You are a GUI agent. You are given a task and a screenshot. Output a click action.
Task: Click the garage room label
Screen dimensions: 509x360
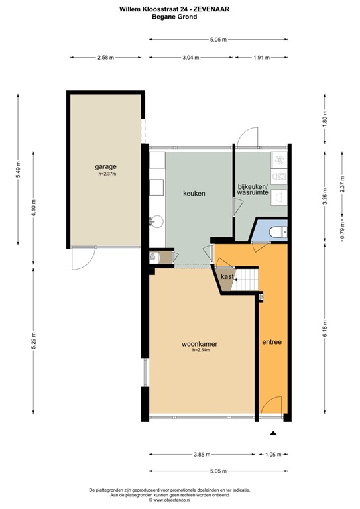click(105, 167)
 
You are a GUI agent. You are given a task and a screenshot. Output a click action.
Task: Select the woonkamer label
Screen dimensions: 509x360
click(200, 345)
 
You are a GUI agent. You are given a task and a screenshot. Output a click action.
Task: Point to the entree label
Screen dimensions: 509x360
click(272, 343)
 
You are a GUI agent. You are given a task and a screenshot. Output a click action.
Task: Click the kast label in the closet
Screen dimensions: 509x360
click(227, 276)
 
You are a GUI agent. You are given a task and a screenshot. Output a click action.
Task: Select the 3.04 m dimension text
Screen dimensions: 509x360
click(190, 58)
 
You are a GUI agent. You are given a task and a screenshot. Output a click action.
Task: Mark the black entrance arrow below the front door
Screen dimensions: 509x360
click(273, 433)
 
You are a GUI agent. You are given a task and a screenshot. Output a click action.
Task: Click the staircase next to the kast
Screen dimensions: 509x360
click(247, 278)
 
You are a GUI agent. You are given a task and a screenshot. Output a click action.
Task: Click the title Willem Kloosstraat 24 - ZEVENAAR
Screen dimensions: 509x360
click(180, 9)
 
